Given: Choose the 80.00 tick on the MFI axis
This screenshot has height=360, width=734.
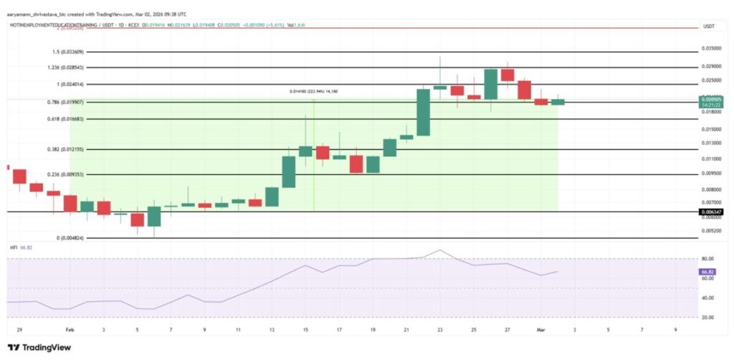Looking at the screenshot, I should pos(707,259).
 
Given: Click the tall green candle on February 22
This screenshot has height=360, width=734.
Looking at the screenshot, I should pos(423,112).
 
